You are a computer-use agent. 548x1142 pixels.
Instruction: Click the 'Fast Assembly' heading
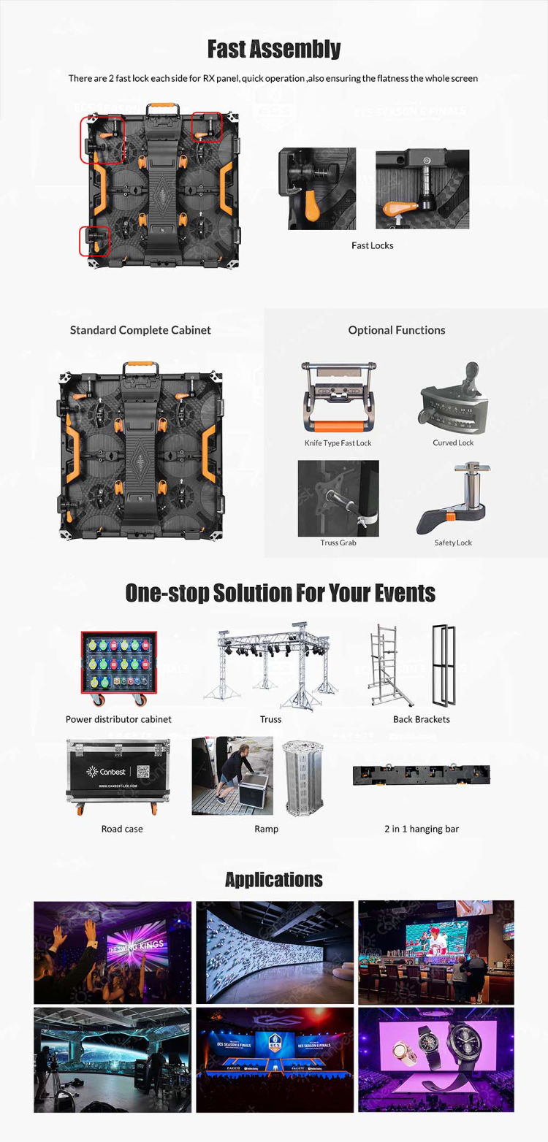274,49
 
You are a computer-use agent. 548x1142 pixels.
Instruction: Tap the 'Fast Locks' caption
372,245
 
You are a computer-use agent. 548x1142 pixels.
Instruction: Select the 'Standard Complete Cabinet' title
140,330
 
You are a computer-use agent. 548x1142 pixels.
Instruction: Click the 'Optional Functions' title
396,330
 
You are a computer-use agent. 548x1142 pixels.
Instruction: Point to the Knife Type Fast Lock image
338,399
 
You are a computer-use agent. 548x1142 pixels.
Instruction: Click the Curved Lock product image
453,399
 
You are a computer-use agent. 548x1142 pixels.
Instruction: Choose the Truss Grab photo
338,498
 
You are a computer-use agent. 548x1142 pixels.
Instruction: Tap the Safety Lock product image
453,498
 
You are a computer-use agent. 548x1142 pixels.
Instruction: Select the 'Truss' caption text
270,719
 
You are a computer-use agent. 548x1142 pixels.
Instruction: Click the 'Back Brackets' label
421,719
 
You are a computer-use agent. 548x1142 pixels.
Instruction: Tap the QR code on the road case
144,770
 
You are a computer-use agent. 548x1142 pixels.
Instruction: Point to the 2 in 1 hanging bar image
421,775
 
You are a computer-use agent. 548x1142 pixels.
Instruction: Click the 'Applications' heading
274,879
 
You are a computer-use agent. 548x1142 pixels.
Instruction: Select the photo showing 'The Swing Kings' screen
113,952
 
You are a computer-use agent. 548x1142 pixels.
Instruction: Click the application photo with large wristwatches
435,1059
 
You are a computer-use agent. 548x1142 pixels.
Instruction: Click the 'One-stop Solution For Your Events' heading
280,593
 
